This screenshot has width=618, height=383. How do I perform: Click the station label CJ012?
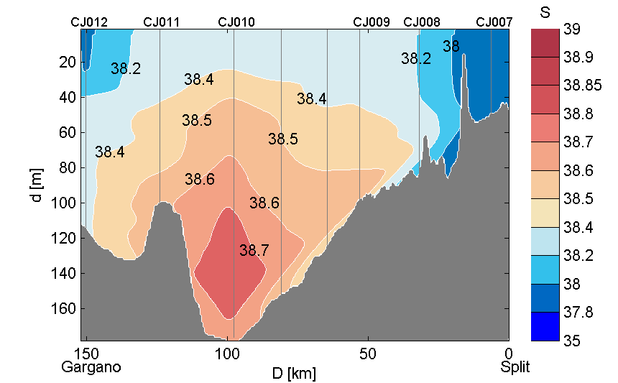(x=89, y=22)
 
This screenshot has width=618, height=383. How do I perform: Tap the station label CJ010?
(x=236, y=22)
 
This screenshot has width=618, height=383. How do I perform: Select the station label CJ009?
(x=372, y=22)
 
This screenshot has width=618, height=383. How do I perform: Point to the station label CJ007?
(x=494, y=22)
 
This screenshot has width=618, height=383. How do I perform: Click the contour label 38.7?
(x=254, y=251)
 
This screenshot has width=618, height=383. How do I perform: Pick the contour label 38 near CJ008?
(x=451, y=47)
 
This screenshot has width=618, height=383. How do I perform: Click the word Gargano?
(x=91, y=367)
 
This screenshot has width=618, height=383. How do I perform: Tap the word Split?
(x=515, y=367)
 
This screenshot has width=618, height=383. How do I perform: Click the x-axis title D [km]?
(x=293, y=374)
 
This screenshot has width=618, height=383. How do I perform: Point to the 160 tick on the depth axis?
(x=66, y=309)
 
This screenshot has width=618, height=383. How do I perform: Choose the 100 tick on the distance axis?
(x=228, y=354)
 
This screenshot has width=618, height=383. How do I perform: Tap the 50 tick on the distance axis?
(x=368, y=354)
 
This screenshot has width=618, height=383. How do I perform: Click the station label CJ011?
(x=162, y=22)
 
